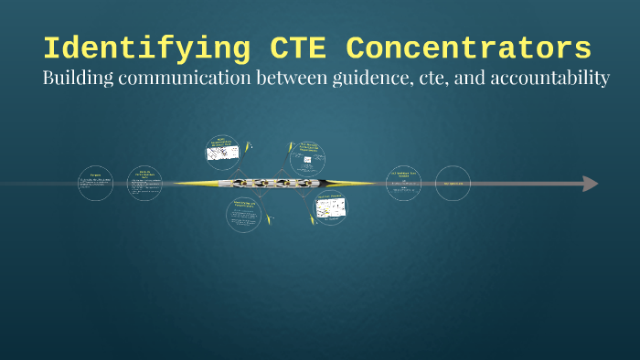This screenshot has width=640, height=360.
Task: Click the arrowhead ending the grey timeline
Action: (591, 184)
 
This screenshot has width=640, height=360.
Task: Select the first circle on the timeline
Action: (95, 184)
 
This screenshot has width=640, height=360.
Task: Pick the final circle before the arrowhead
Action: (453, 184)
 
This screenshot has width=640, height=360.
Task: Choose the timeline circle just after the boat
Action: (403, 184)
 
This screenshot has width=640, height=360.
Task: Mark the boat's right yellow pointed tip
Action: (372, 184)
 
